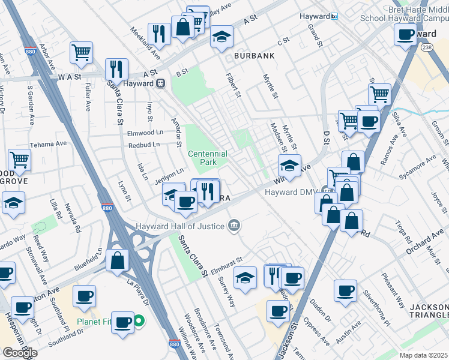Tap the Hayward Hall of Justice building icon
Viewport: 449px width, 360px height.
[x=235, y=226]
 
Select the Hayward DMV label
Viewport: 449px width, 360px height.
[x=291, y=192]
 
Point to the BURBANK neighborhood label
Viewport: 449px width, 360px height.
[x=255, y=56]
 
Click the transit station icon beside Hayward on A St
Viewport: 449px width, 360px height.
[x=160, y=83]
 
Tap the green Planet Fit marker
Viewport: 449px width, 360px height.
[x=139, y=322]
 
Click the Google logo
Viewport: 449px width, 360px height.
[x=20, y=353]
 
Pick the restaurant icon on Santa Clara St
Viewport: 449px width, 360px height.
[x=116, y=69]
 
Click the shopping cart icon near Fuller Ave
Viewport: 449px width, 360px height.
[x=80, y=52]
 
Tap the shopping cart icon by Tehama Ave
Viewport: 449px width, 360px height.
[x=19, y=160]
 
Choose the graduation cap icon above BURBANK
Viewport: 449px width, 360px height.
[x=221, y=37]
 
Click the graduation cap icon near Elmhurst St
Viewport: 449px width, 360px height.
[x=245, y=278]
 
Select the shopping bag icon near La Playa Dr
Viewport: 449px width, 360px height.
[x=118, y=259]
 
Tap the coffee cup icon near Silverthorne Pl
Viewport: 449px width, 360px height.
[x=345, y=290]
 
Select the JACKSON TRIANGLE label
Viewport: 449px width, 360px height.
[x=429, y=311]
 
